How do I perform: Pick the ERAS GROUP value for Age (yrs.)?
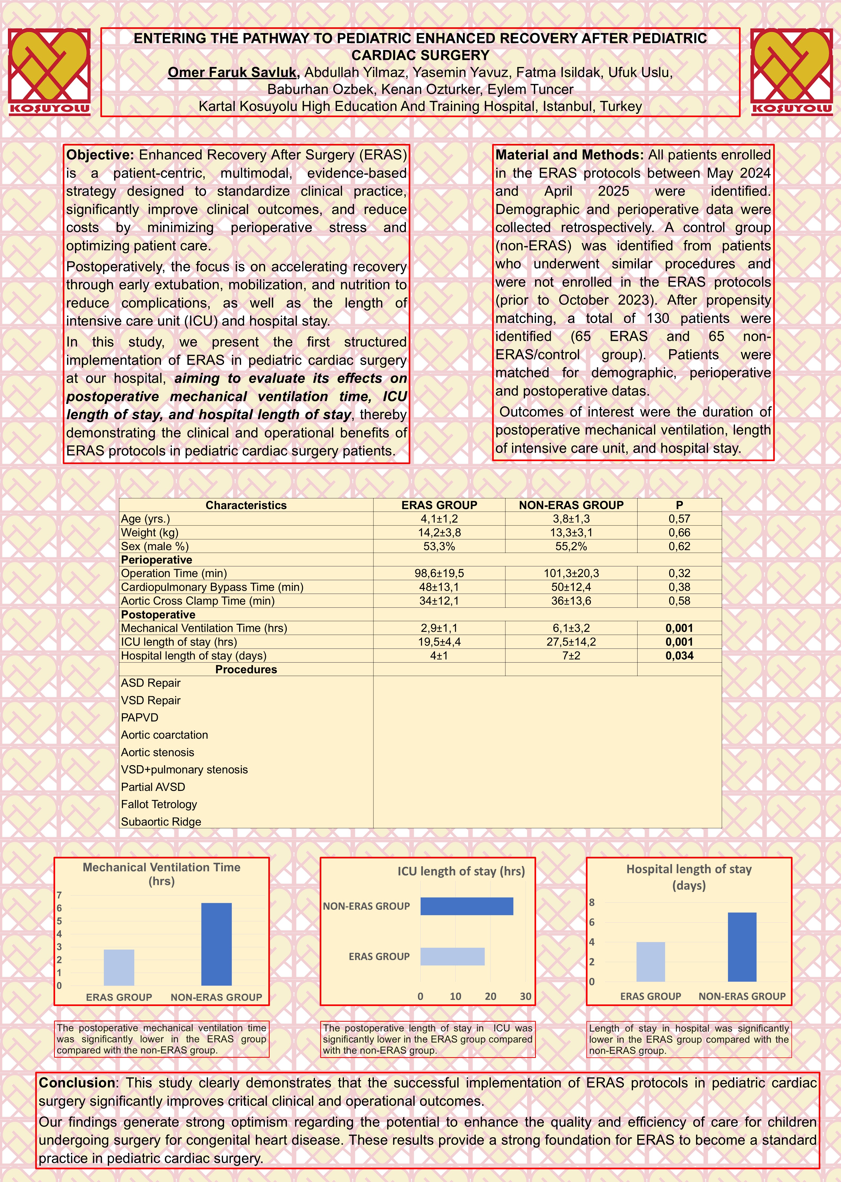(439, 519)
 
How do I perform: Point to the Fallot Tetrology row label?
(159, 804)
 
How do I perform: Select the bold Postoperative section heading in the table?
(158, 615)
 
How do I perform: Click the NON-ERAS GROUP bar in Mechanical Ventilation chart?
(216, 944)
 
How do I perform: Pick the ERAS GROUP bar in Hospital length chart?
(651, 962)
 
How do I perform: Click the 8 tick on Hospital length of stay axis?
(592, 902)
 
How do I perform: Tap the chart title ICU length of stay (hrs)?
(461, 871)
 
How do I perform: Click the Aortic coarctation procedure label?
(164, 735)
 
